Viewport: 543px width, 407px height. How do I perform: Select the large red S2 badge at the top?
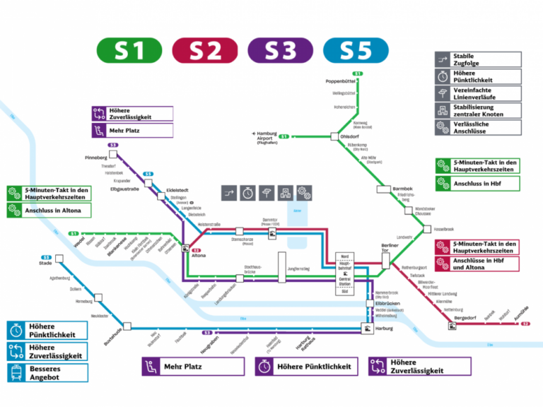pos(205,50)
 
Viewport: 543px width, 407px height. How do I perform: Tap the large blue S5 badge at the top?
pos(356,50)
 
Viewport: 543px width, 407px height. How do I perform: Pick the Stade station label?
pos(45,264)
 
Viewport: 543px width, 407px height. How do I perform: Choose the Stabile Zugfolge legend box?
pos(478,60)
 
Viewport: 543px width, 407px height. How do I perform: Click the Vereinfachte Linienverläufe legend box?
pos(478,93)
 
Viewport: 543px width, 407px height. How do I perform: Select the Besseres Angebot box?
pos(48,372)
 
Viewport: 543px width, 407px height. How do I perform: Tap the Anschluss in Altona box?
pos(48,211)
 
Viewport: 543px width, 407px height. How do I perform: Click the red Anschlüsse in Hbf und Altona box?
pos(478,264)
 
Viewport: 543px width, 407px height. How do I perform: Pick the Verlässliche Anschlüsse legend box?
pos(478,128)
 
